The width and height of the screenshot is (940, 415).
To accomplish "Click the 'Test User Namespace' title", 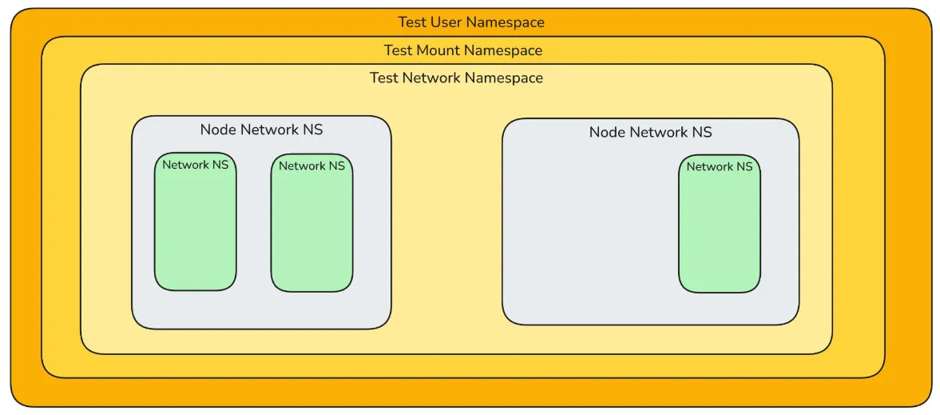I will tap(471, 22).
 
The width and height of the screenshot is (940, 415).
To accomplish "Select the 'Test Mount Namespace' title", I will tap(462, 50).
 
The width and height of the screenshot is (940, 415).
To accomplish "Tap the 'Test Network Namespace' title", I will tap(456, 78).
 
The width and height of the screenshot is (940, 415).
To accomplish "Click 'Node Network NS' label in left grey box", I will tap(261, 130).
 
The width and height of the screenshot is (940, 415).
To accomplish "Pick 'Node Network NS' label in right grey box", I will tap(650, 132).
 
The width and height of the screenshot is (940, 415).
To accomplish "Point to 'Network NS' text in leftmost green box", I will tap(195, 166).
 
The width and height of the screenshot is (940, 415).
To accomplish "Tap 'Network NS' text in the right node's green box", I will tap(719, 167).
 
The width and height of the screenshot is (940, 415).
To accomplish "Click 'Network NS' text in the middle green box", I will tap(311, 166).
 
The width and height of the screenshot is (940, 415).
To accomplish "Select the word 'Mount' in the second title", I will tap(438, 50).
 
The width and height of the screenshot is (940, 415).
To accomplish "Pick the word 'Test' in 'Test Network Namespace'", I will tap(383, 78).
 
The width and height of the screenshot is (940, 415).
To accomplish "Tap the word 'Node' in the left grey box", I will tap(217, 130).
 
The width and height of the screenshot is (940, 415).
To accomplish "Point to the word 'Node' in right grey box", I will tap(606, 132).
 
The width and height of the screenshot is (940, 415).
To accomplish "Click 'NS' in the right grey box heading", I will tap(701, 132).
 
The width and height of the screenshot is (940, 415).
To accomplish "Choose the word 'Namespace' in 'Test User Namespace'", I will tap(506, 22).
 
